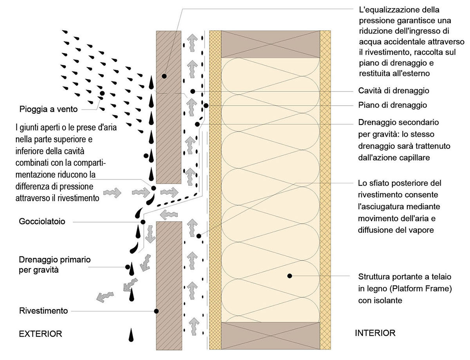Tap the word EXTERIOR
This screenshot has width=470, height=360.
[40, 334]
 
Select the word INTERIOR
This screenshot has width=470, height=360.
[375, 333]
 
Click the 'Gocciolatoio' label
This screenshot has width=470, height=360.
[42, 222]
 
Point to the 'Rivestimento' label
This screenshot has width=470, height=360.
[43, 311]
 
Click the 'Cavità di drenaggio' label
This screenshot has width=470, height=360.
[394, 90]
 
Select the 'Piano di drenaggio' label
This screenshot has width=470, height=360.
[392, 105]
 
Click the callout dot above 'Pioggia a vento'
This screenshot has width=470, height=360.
[102, 93]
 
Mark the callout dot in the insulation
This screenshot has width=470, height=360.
[289, 275]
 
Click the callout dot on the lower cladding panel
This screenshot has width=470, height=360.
[156, 311]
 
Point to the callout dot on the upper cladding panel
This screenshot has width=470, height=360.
[164, 75]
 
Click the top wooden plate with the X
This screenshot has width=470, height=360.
[271, 43]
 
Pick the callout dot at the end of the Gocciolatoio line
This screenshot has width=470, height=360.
[143, 222]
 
